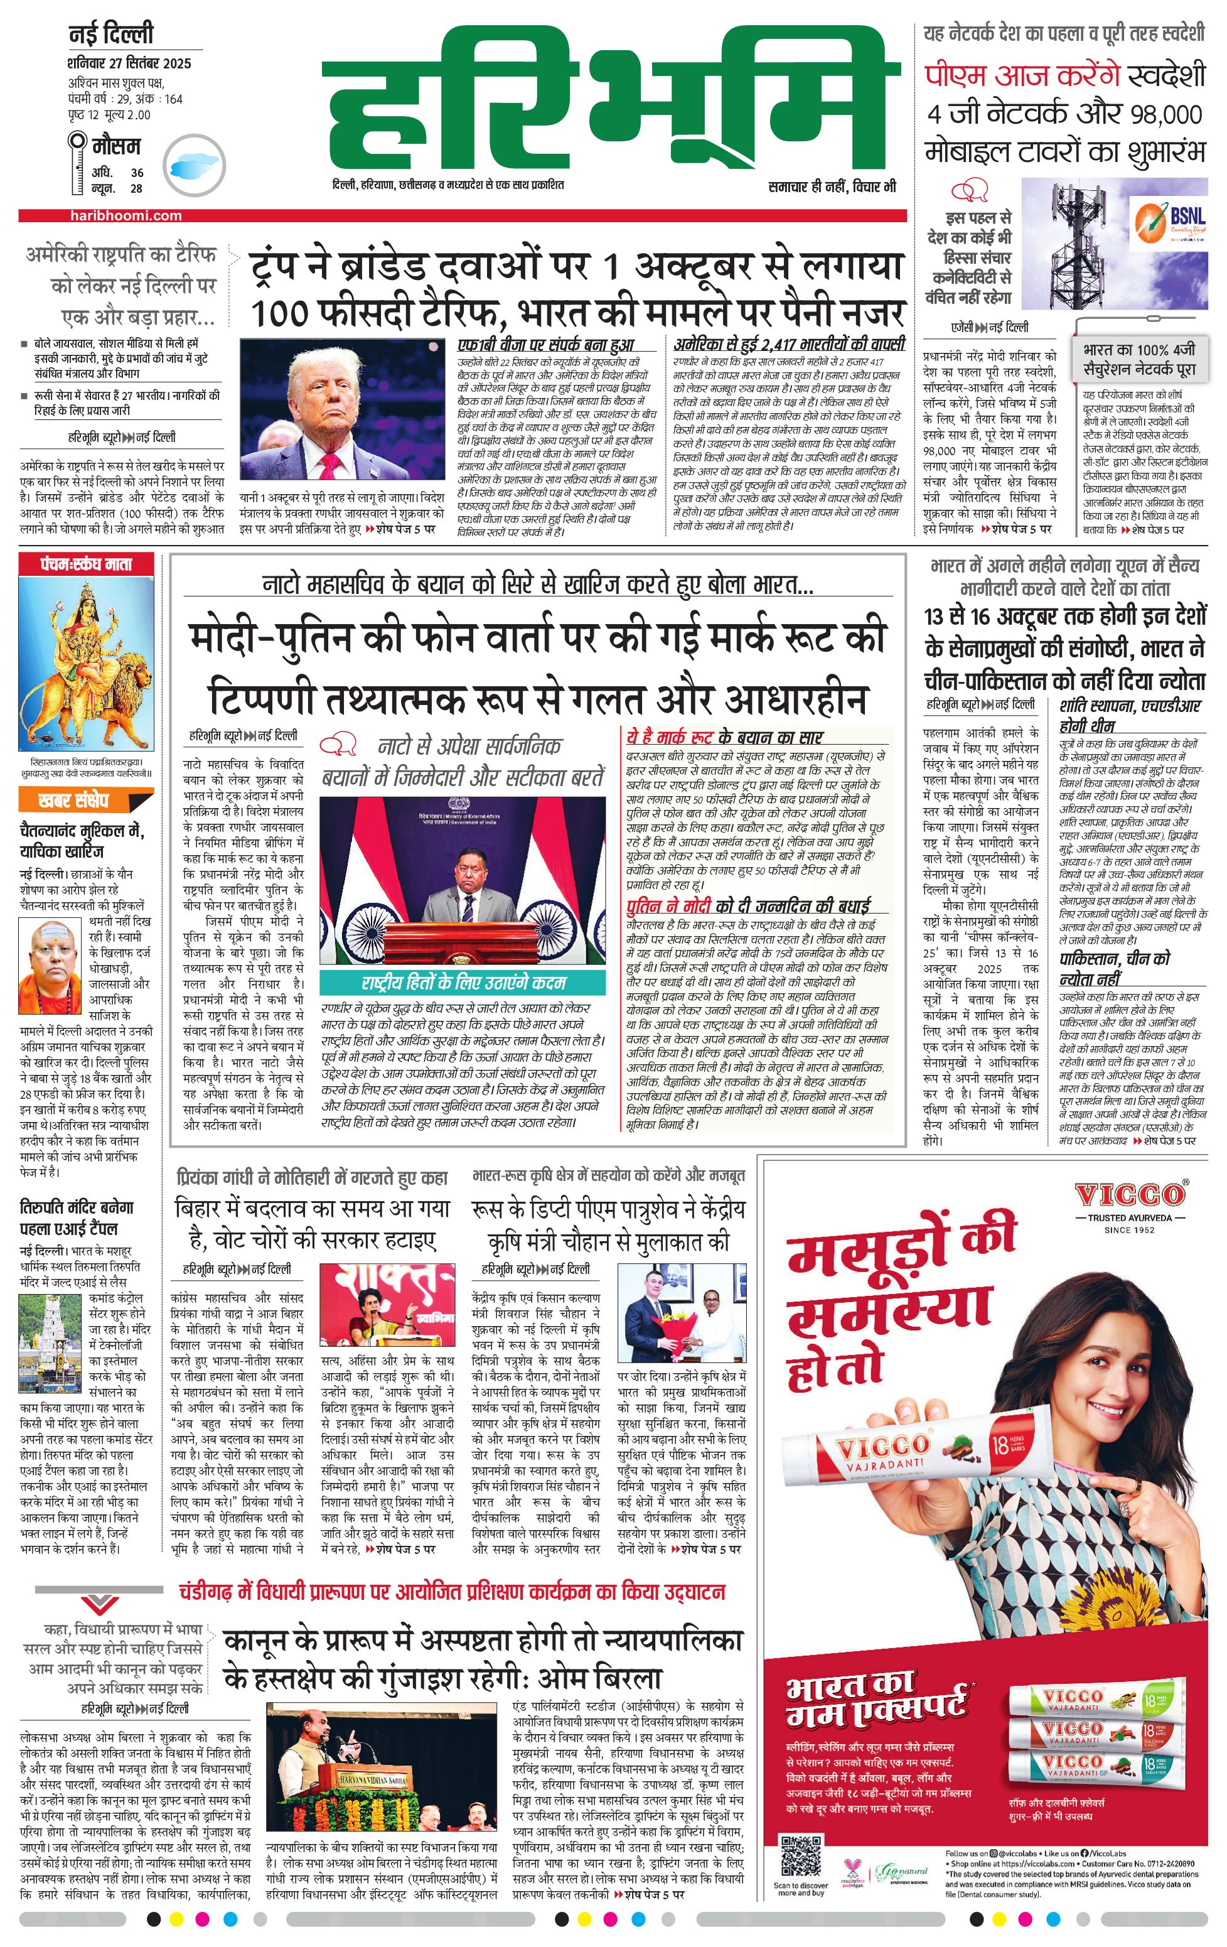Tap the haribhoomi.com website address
pyautogui.click(x=126, y=216)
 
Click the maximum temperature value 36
pyautogui.click(x=137, y=172)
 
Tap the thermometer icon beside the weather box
pyautogui.click(x=78, y=163)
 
